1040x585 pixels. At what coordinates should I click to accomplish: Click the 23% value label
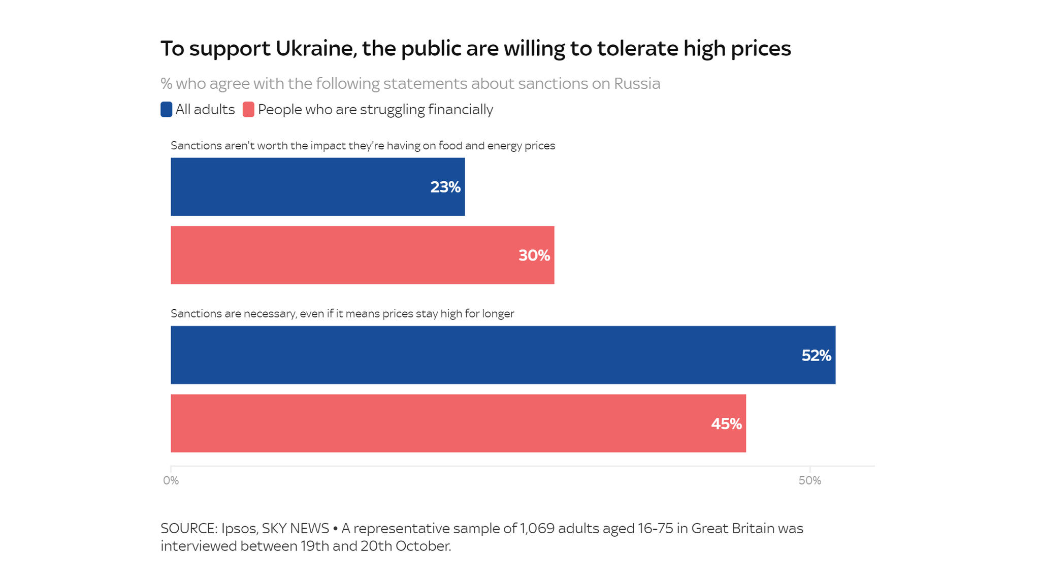(445, 187)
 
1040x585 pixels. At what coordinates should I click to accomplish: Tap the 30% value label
(534, 255)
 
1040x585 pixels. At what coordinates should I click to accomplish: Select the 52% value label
(816, 355)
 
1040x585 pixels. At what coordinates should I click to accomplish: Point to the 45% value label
(726, 424)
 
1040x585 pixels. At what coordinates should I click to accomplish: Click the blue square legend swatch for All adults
(166, 110)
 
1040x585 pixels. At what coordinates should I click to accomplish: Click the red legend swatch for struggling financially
(248, 110)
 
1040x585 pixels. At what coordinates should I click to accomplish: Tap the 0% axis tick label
(171, 481)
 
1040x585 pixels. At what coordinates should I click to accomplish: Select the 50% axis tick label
(809, 481)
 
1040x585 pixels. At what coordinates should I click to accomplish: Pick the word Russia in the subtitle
(637, 83)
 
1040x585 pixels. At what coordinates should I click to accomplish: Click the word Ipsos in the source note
(238, 529)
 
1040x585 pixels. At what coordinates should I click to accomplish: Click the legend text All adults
(205, 110)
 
